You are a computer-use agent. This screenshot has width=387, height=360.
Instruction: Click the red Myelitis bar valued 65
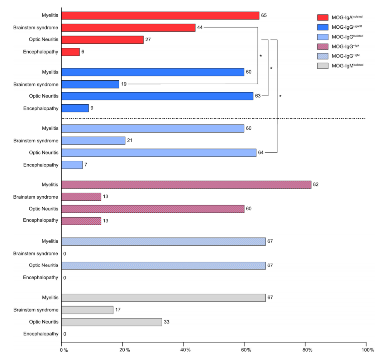[160, 15]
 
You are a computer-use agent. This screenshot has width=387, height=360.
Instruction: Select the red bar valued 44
[128, 28]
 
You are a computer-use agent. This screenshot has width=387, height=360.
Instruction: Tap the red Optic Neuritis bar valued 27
[102, 40]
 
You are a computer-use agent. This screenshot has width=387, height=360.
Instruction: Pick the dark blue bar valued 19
[90, 84]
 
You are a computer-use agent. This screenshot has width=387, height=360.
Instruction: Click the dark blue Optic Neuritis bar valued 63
[157, 96]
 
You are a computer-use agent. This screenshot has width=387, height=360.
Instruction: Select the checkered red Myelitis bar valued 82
[186, 185]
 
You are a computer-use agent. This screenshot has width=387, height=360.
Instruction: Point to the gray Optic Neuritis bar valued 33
[111, 322]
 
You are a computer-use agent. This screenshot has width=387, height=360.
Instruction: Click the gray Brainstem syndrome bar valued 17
[87, 310]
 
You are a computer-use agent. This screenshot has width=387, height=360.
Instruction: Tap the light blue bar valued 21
[93, 141]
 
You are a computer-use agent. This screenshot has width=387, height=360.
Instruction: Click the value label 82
[316, 184]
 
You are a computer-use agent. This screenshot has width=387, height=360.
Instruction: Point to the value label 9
[92, 108]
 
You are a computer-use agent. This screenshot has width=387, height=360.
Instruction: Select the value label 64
[261, 153]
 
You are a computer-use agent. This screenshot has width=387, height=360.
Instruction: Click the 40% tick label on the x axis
[185, 350]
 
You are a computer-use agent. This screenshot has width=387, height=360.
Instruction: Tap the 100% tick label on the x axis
[368, 350]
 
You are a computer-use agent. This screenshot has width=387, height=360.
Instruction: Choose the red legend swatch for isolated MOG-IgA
[323, 18]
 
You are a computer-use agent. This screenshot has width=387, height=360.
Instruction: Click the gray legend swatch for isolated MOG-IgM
[323, 66]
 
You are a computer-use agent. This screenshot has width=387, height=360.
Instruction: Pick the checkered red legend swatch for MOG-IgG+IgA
[323, 46]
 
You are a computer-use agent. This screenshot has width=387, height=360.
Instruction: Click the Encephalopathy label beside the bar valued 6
[40, 52]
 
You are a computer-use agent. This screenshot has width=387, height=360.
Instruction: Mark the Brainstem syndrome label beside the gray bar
[36, 310]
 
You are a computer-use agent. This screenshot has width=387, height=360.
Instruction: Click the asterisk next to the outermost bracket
[280, 96]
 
